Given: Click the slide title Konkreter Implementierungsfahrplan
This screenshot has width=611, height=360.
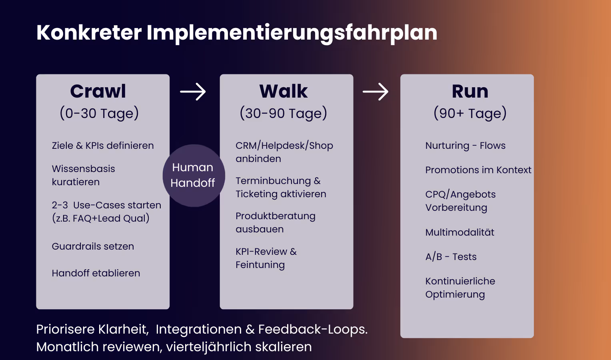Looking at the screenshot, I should pyautogui.click(x=237, y=33).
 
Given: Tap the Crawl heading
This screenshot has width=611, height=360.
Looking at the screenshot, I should pyautogui.click(x=98, y=92).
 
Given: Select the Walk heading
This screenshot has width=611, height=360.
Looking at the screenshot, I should pyautogui.click(x=284, y=92).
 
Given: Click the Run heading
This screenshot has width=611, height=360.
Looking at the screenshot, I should pyautogui.click(x=470, y=92).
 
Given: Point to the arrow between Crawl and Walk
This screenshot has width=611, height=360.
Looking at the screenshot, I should pyautogui.click(x=193, y=92).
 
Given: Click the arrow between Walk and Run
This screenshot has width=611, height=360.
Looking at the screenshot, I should pyautogui.click(x=375, y=92).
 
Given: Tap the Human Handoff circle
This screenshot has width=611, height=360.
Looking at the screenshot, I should pyautogui.click(x=194, y=176).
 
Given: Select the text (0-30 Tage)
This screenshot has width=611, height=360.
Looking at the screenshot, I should pyautogui.click(x=99, y=114).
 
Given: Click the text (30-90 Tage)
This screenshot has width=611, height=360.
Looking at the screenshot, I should pyautogui.click(x=283, y=114).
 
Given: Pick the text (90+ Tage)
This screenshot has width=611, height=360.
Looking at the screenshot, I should pyautogui.click(x=470, y=114).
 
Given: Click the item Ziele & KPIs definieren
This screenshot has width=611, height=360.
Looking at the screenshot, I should pyautogui.click(x=103, y=146).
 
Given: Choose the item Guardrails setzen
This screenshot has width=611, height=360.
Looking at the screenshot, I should pyautogui.click(x=93, y=246).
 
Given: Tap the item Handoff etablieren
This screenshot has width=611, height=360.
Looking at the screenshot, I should pyautogui.click(x=96, y=273).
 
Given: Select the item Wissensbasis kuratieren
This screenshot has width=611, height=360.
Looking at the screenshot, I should pyautogui.click(x=83, y=175).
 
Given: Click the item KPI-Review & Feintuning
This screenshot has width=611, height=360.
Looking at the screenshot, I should pyautogui.click(x=266, y=258).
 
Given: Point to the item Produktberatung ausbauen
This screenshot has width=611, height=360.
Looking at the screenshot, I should pyautogui.click(x=275, y=222).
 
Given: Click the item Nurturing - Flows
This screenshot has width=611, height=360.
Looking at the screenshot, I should pyautogui.click(x=465, y=146).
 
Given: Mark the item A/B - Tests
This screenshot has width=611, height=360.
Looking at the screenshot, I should pyautogui.click(x=451, y=257).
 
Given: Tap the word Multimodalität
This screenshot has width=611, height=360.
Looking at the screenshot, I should pyautogui.click(x=460, y=232).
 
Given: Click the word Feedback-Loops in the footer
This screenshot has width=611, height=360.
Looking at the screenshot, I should pyautogui.click(x=312, y=329).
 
